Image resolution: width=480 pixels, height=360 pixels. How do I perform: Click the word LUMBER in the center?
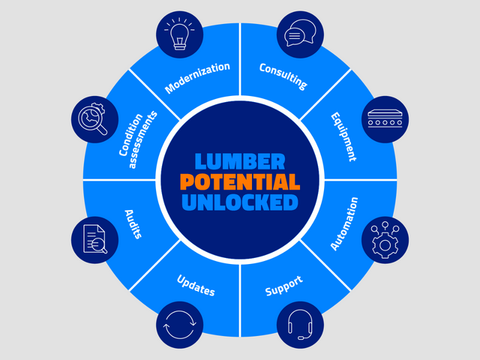pos(239,161)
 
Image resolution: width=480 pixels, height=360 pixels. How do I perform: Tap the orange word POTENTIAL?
pos(239,181)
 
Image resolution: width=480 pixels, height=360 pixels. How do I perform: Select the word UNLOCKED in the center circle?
pos(239,202)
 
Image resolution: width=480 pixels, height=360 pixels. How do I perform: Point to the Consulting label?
pos(283,76)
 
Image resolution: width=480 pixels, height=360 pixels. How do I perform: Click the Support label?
pos(283,285)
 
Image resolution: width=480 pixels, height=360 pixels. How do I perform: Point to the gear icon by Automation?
pos(385,239)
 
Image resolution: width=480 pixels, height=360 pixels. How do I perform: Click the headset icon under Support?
pos(298,325)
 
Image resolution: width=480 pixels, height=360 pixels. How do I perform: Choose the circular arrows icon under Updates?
pos(180,325)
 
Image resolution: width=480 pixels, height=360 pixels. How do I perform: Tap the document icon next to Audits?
pos(94,240)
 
